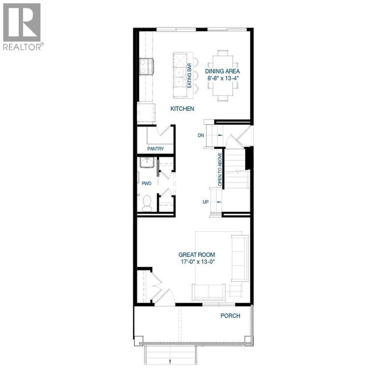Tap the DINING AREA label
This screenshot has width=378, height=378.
coord(226,71)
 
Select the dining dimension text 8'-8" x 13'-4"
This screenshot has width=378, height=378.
coord(226,78)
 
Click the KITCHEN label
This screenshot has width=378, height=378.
coord(182,108)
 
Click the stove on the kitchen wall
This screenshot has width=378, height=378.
coord(146,66)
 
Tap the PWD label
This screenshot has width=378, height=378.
coord(146,183)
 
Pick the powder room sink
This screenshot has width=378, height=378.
coord(147,163)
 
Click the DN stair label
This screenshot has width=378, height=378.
coord(200,135)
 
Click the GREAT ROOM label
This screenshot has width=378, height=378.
coord(196,254)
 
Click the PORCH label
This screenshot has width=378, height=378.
coord(230,315)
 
